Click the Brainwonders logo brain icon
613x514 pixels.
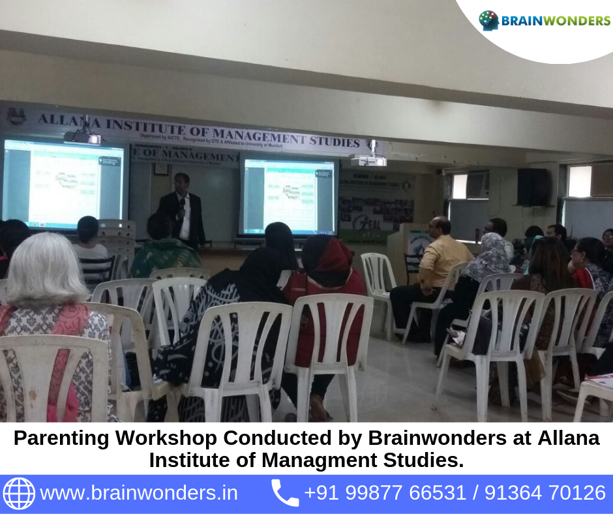488,20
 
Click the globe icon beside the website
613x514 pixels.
19,493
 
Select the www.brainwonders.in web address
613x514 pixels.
138,493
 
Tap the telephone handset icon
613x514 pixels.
284,493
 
